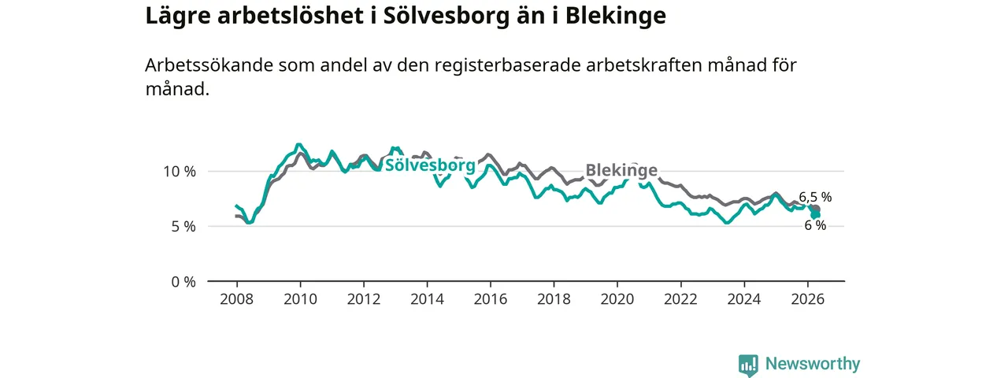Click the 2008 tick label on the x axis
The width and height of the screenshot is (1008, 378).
point(237,299)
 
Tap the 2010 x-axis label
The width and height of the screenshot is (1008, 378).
point(300,299)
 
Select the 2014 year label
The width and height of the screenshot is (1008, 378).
point(427,299)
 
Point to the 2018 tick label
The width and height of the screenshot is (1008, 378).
point(554,299)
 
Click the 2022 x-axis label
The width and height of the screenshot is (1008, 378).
point(681,299)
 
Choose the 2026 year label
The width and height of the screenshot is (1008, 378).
point(808,299)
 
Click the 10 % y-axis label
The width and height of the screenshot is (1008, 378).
point(180,172)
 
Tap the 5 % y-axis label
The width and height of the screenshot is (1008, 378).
point(183,227)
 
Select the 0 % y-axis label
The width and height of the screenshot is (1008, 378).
point(183,282)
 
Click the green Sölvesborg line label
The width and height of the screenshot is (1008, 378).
point(430,165)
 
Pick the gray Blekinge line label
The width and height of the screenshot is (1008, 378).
point(621,170)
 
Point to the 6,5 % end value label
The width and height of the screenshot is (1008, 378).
point(815,197)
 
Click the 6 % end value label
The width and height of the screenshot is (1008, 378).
point(815,225)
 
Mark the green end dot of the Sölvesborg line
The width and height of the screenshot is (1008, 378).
point(816,216)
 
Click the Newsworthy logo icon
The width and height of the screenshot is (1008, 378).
point(748,365)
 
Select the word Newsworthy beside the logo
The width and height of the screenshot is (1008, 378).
point(813,364)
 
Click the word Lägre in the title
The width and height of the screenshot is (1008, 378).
point(178,17)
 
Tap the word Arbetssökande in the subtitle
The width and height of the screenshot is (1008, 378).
point(209,65)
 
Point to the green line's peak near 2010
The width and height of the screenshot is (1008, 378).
point(298,144)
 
